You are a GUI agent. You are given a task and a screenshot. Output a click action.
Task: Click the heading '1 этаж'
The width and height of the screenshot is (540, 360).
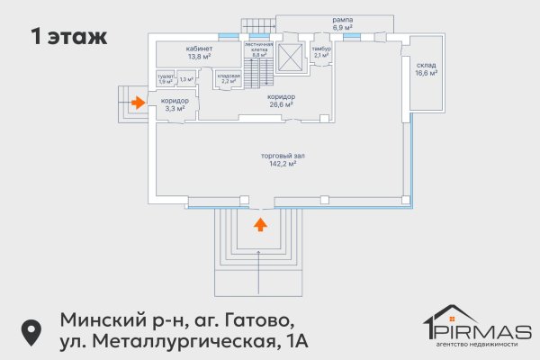tap(69, 38)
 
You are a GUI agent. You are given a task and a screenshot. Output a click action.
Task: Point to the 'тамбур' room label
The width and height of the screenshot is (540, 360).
tap(321, 49)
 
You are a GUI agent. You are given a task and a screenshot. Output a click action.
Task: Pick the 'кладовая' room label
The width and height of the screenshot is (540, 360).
tap(228, 76)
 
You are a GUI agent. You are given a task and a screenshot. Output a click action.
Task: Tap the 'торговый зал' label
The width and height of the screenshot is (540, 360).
tap(279, 157)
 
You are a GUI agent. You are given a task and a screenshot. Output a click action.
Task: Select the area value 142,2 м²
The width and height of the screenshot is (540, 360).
tap(279, 165)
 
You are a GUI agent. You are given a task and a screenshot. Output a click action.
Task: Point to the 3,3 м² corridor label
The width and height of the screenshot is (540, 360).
tap(175, 108)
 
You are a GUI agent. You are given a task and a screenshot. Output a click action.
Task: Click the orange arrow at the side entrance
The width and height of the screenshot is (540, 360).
tap(137, 103)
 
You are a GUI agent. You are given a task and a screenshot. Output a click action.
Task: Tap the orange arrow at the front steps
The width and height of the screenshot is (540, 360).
tap(260, 223)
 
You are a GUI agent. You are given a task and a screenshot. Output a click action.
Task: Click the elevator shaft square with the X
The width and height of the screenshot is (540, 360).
tap(292, 56)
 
